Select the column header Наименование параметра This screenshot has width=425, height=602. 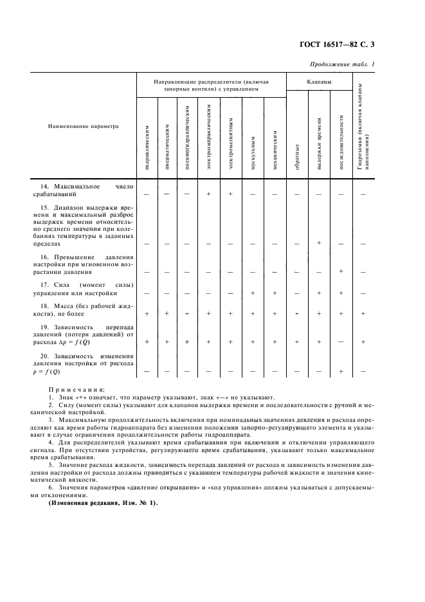coord(84,127)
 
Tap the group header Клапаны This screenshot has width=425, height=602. coord(319,82)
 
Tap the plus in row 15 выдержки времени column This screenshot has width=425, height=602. coord(319,242)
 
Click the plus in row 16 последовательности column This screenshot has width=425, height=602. coord(341,271)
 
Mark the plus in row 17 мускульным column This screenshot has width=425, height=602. coord(253,293)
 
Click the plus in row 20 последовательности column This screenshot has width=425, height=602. coord(341,371)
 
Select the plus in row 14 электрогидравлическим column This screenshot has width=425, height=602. coord(208,193)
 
